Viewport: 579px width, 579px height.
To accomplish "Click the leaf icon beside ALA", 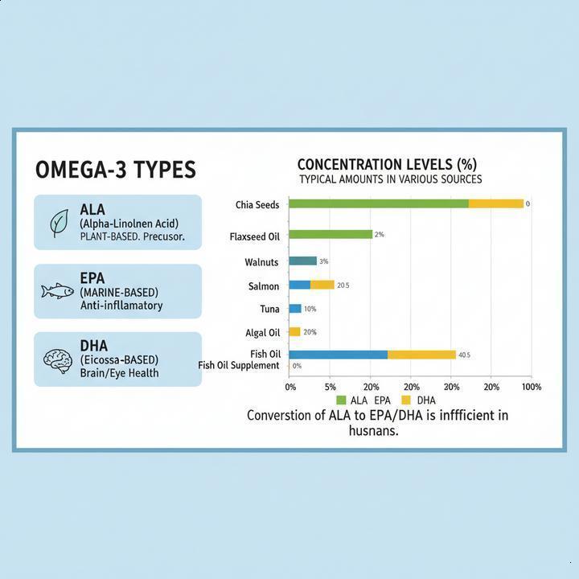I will point(59,223).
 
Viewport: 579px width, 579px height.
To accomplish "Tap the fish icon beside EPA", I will point(58,290).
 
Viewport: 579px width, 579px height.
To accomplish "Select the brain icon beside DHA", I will point(58,359).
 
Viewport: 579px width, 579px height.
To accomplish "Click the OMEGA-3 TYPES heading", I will point(115,170).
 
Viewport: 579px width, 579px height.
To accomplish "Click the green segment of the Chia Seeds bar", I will point(378,204).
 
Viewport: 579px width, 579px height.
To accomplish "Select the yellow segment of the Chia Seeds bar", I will point(496,204).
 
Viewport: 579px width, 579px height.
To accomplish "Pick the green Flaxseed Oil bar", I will point(330,234).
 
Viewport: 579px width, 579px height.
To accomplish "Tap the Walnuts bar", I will point(302,261).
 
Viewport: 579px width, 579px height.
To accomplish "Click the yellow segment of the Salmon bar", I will point(322,285).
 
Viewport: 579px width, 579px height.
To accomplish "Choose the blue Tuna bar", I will point(294,309).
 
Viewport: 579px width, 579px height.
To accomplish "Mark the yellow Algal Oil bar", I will point(294,331).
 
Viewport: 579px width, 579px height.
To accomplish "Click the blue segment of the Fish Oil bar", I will point(338,355).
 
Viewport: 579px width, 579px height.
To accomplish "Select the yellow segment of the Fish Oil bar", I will point(421,355).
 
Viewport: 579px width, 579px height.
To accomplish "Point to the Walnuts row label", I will point(261,262).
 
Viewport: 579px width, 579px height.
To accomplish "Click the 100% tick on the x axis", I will point(532,387).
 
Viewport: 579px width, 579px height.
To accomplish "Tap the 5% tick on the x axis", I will point(330,387).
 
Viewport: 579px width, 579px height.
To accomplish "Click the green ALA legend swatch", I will point(341,400).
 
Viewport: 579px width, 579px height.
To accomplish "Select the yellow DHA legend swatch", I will point(406,400).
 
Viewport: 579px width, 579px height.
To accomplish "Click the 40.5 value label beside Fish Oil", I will point(464,355).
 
